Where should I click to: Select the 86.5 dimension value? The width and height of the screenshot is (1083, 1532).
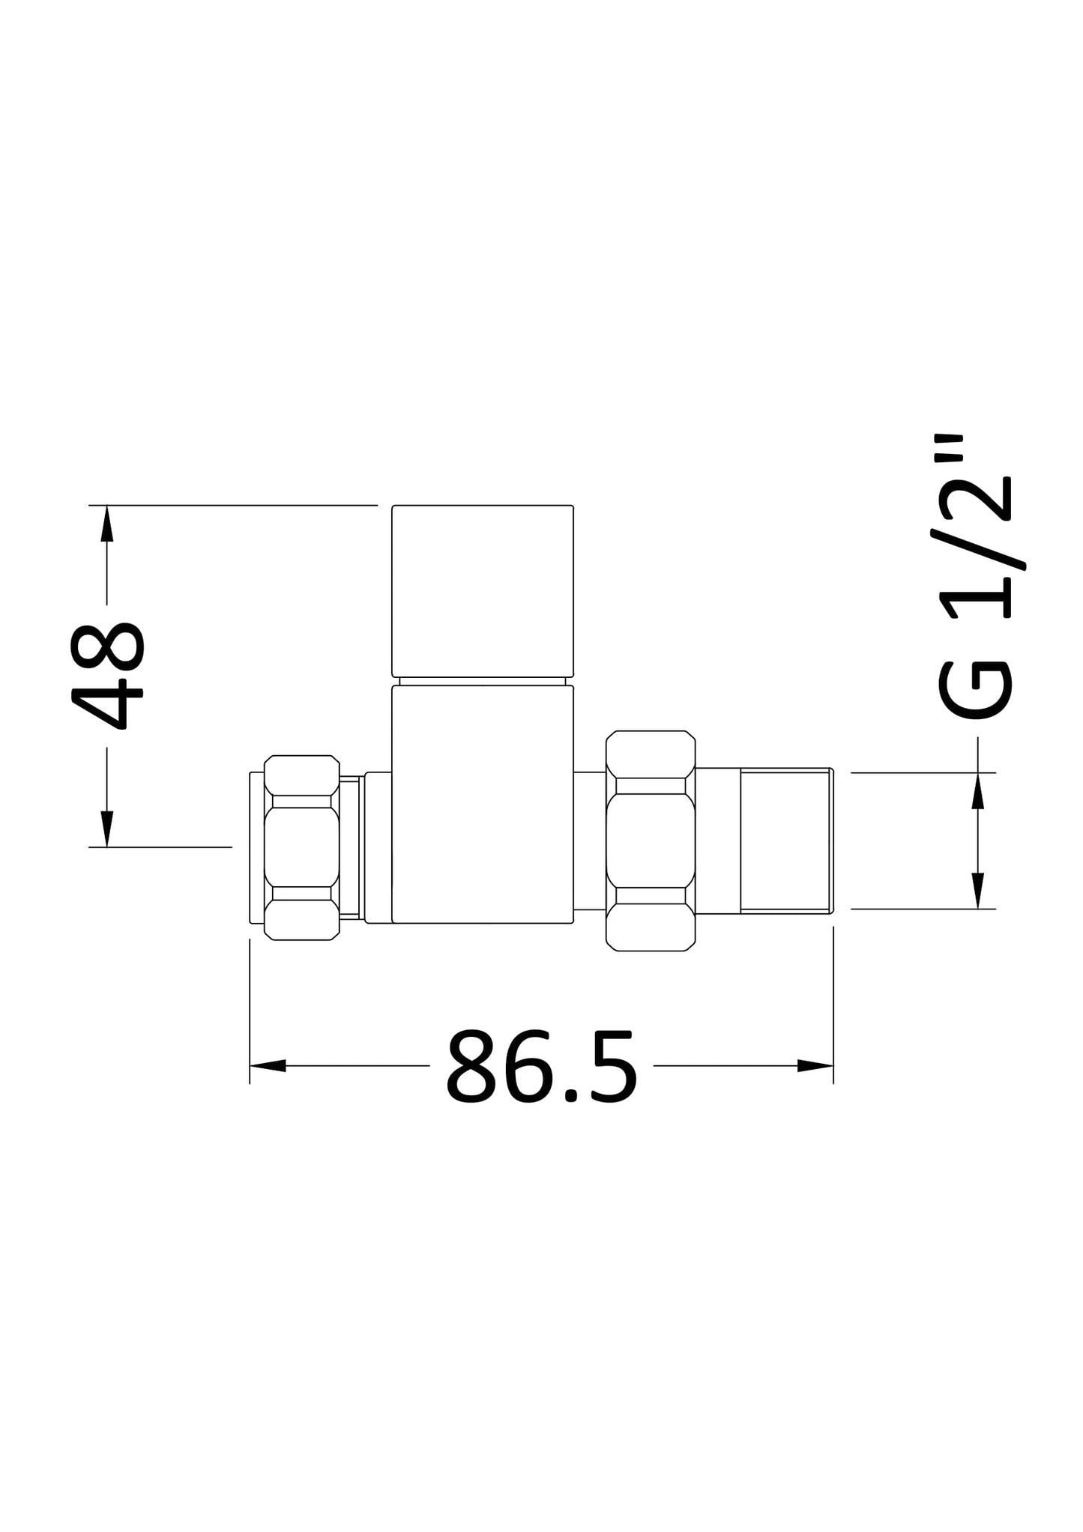pos(541,1067)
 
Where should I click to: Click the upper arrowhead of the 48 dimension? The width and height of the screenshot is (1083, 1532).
pos(106,523)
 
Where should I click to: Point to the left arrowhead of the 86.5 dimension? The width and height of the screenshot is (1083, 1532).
pos(268,1065)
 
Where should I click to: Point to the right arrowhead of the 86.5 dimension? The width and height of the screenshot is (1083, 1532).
pos(815,1065)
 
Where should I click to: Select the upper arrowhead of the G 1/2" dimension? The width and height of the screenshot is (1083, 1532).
pos(977,791)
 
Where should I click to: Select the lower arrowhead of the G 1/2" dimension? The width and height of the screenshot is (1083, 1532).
pos(977,891)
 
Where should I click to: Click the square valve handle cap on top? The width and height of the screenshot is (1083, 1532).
pos(483,590)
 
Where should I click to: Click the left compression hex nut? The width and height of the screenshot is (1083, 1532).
pos(301,847)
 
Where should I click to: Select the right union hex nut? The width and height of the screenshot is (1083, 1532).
pos(651,841)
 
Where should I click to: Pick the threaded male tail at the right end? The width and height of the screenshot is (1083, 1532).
pos(785,841)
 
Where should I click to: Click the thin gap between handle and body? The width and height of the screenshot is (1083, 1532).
pos(483,681)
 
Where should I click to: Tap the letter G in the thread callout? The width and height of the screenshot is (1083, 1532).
pos(974,689)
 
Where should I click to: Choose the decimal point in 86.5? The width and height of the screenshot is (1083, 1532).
pos(571,1095)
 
